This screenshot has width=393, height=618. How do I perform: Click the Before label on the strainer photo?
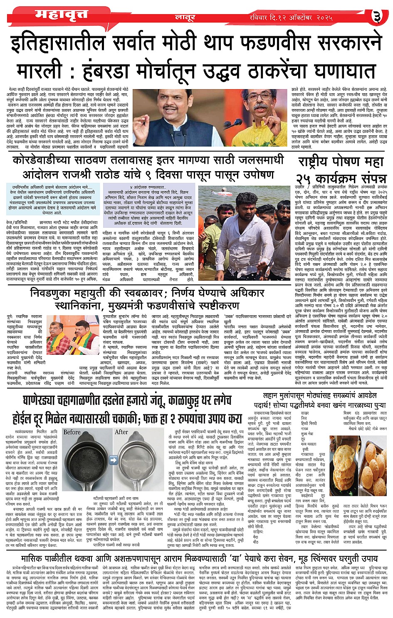coord(72,432)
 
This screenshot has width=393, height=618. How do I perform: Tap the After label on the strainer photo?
coord(121,432)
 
